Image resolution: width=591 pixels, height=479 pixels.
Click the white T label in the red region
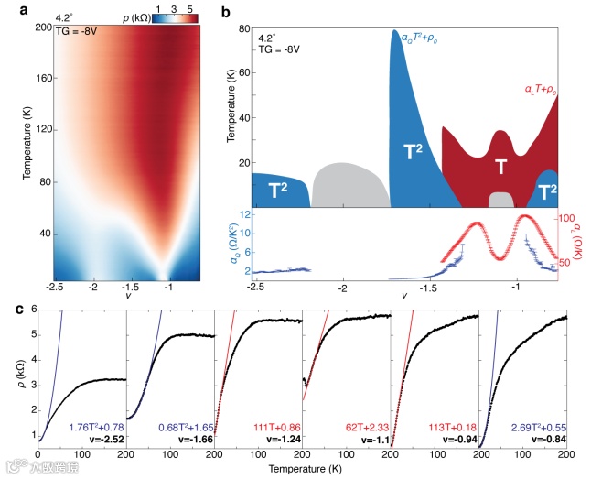point(500,167)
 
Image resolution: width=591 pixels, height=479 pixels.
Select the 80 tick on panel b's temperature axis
point(244,28)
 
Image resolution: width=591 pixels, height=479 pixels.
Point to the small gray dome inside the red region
point(500,200)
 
